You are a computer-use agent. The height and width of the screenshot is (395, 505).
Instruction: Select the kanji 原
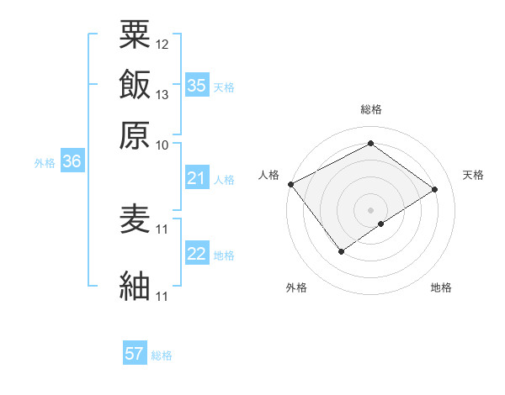point(136,134)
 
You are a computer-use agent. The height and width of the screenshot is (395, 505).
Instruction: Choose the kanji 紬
point(136,286)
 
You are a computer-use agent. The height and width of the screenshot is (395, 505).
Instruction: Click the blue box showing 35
point(196,86)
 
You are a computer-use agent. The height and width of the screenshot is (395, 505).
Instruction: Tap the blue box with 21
point(196,178)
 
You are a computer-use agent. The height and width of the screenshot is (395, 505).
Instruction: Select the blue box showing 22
point(196,255)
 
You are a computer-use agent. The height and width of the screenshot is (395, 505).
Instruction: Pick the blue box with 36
point(72,163)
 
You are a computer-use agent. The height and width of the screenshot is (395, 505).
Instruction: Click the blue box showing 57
point(135,354)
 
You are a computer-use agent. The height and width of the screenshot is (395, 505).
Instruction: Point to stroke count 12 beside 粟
point(162,44)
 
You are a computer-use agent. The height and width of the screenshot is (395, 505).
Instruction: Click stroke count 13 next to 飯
point(162,94)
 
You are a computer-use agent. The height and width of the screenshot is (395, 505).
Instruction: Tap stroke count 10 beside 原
point(162,145)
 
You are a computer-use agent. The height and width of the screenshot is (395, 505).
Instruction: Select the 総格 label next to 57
point(162,355)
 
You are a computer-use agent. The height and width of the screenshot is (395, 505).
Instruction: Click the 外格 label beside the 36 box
point(45,164)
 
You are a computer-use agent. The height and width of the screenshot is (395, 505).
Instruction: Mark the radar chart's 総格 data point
point(370,144)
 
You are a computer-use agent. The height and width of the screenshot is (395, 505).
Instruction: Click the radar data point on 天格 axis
point(435,189)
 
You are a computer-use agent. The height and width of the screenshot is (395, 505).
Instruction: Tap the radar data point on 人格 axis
point(290,184)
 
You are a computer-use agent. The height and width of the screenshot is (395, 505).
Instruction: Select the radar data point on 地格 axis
point(381,224)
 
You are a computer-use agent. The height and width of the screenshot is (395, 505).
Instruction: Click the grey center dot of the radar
point(370,209)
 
